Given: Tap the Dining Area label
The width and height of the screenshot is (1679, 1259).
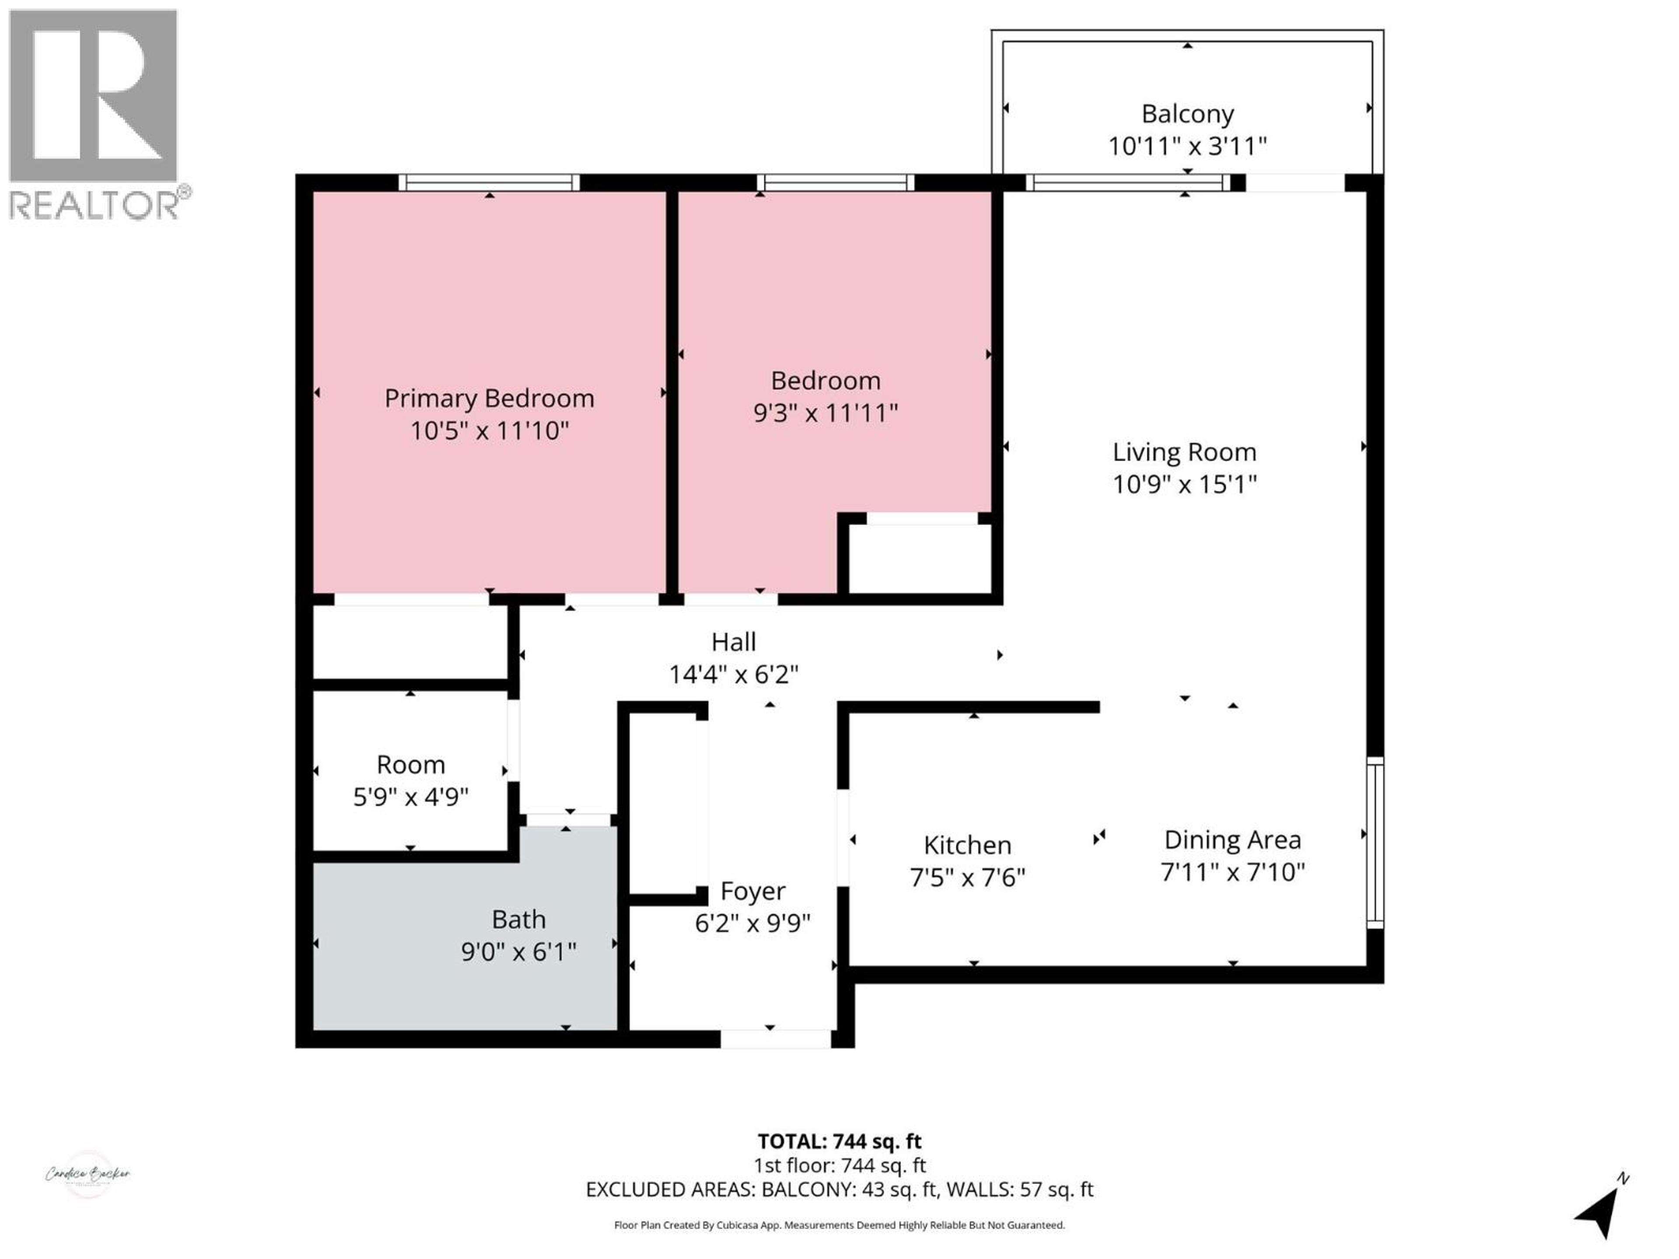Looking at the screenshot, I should [1232, 840].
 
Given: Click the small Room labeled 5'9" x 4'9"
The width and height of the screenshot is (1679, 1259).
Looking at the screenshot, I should [411, 780].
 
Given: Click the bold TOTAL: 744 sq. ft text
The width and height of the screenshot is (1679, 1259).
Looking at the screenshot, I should [839, 1141].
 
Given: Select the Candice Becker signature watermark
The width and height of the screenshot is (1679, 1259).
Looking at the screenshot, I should [88, 1174].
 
